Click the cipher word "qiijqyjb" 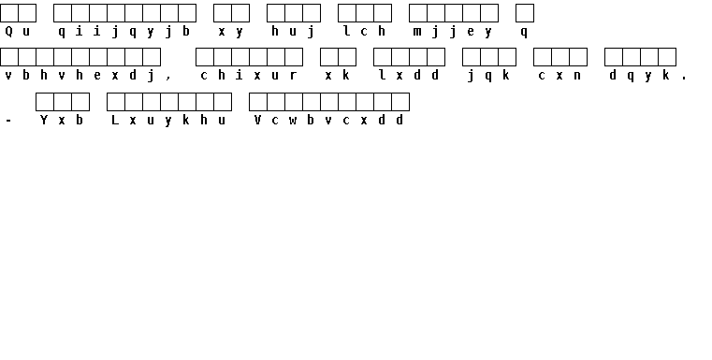point(124,32)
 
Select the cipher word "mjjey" point(453,32)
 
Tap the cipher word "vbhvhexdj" point(80,76)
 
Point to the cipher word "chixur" point(249,76)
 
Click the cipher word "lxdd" point(409,76)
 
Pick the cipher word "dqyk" point(640,76)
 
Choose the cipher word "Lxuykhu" point(169,121)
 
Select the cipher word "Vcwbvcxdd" point(328,120)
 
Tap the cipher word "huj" point(294,32)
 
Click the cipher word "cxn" point(559,76)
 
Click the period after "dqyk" point(684,79)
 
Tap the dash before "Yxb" point(8,121)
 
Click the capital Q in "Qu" point(8,31)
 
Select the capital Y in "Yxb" point(44,120)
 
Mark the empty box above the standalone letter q point(525,13)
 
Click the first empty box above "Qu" point(9,13)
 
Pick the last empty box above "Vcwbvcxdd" point(400,102)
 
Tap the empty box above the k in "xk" point(347,57)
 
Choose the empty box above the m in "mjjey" point(418,13)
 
